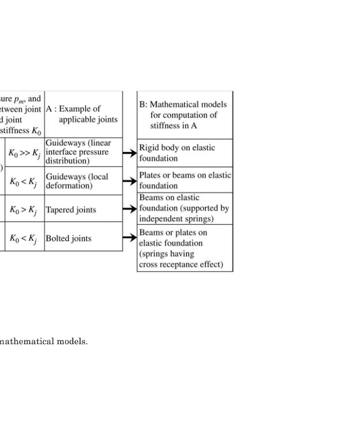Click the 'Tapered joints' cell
tap(71, 210)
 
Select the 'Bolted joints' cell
tap(68, 239)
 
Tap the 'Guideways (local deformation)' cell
tap(77, 181)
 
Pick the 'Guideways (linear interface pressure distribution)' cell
tap(77, 152)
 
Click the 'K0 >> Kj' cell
tap(25, 152)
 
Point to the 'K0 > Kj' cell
tap(25, 210)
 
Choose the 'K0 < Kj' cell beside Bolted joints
tap(25, 239)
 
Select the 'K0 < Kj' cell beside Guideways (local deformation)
tap(25, 181)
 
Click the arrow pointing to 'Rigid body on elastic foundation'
tap(130, 153)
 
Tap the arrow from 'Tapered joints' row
tap(130, 209)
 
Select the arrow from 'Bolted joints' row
tap(130, 238)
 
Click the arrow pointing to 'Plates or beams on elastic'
tap(130, 181)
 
